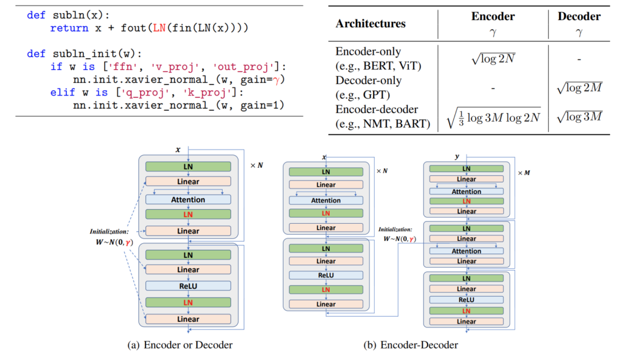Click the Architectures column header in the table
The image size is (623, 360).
tap(371, 24)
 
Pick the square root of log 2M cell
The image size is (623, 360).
tap(579, 88)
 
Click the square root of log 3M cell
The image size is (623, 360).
tap(579, 116)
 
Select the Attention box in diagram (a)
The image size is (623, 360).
tap(188, 199)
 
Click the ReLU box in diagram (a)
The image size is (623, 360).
tap(188, 285)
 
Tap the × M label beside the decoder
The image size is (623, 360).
tap(523, 173)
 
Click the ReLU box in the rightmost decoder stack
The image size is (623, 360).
tap(467, 299)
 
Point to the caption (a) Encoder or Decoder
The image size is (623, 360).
tap(180, 345)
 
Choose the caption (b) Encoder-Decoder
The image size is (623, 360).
tap(411, 345)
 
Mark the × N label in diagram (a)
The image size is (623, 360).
tap(257, 165)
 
